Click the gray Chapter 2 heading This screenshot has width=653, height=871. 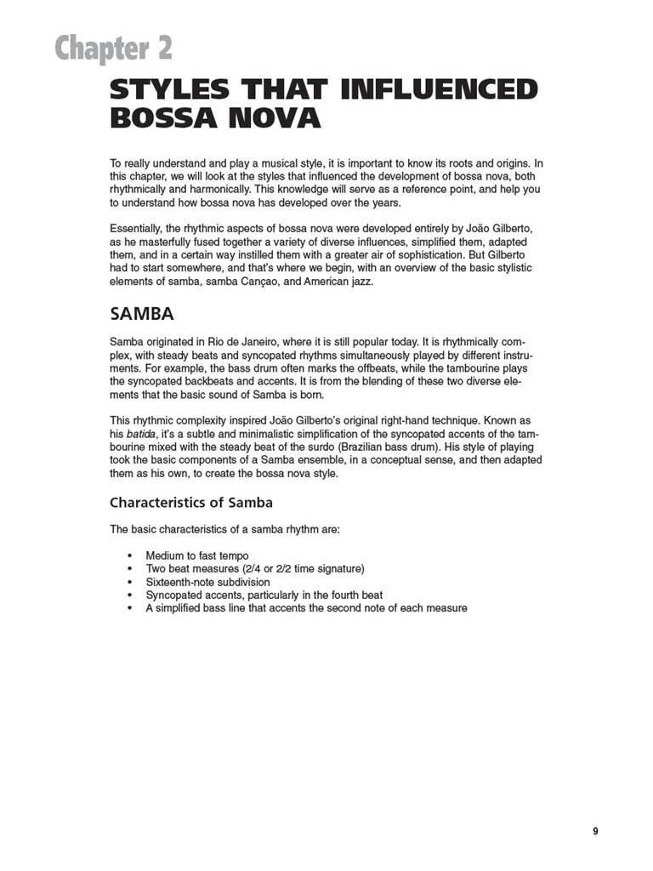(x=113, y=48)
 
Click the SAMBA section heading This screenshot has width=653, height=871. (x=142, y=314)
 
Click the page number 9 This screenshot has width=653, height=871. (x=595, y=831)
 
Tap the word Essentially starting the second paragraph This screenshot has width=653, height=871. (x=140, y=230)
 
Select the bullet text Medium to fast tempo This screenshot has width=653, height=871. (x=196, y=555)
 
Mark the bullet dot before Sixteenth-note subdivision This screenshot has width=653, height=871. (x=129, y=582)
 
